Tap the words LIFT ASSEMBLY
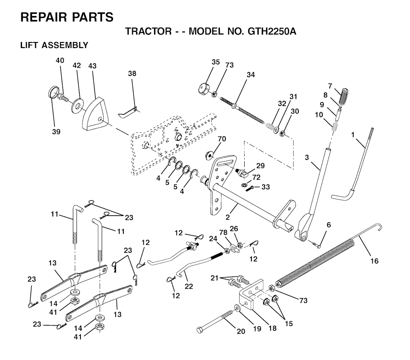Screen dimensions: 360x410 54,45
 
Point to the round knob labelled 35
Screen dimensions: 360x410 205,88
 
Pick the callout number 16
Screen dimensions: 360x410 374,261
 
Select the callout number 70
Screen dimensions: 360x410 222,139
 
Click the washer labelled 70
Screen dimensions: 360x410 209,155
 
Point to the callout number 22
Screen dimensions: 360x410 189,286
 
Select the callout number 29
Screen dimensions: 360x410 261,166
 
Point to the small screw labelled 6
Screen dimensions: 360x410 316,243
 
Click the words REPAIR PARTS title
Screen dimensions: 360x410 66,17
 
